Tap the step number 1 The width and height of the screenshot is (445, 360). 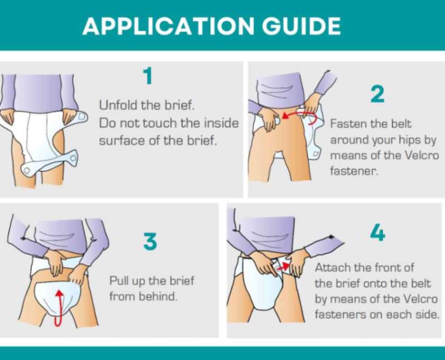tap(147, 76)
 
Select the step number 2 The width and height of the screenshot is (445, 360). tap(377, 94)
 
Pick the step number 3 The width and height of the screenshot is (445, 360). tap(150, 242)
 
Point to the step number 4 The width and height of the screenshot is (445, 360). tap(377, 233)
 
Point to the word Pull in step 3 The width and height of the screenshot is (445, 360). tap(119, 280)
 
